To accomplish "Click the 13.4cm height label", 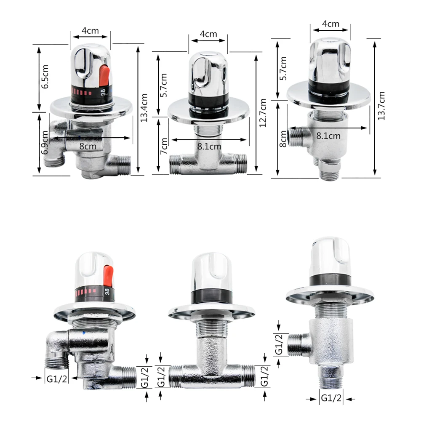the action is (x=144, y=108).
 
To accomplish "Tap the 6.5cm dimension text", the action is (x=45, y=77).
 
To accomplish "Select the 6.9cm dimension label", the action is (x=45, y=143).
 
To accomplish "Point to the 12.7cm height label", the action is (x=263, y=113).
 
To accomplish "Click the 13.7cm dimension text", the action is (x=381, y=106).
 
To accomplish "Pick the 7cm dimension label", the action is (x=164, y=146).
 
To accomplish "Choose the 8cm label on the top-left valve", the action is (x=88, y=147).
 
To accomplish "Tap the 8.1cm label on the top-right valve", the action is (x=328, y=136).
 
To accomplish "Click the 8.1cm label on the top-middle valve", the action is (x=209, y=147).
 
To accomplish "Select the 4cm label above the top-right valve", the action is (x=330, y=24).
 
